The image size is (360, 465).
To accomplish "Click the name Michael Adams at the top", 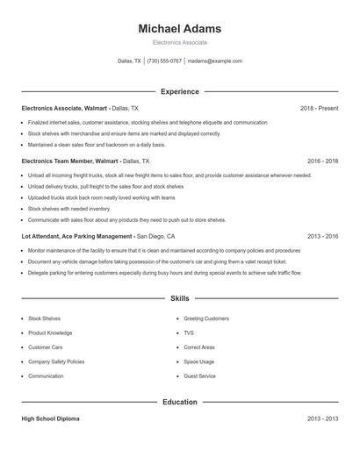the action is (180, 29).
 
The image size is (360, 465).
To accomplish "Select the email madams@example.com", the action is (215, 61).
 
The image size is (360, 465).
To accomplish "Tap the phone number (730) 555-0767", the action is (165, 61).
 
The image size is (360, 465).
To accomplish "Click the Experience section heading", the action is (180, 91).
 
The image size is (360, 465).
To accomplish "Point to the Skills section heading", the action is (180, 299).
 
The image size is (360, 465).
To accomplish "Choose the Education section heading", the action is (180, 402).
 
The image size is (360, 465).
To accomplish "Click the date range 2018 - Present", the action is (319, 108).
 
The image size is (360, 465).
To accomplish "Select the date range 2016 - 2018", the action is (322, 161).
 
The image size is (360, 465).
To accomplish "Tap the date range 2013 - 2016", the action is (322, 236).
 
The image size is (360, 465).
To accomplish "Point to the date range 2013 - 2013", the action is (322, 419).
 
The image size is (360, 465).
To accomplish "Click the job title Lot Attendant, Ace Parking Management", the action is (77, 236).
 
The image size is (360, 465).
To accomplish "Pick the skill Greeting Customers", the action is (206, 318).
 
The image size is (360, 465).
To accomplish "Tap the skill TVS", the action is (189, 333).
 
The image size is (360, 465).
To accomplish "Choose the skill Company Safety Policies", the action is (56, 361).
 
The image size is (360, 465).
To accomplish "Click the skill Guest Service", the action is (199, 376).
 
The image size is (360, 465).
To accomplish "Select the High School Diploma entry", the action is (50, 419).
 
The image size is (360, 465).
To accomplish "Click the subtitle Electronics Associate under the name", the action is (180, 42).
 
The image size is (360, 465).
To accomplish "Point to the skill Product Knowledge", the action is (50, 333).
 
